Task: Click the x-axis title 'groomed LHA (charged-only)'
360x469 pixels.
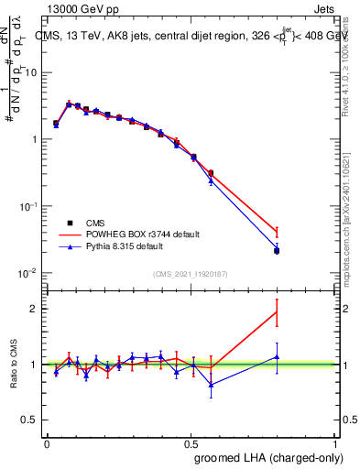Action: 278,458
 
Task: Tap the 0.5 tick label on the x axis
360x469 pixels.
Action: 192,442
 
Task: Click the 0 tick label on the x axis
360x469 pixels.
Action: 47,442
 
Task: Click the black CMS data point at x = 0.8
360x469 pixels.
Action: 277,250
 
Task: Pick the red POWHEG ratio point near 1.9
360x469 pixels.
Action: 277,312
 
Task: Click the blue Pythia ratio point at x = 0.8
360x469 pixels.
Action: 277,357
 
